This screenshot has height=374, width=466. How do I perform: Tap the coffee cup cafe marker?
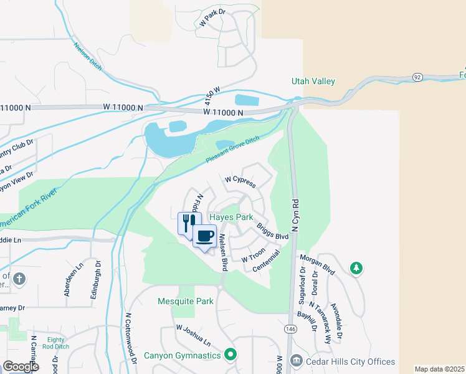point(204,236)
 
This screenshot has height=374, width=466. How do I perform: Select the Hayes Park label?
point(231,218)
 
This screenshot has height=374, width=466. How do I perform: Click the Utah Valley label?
point(313,82)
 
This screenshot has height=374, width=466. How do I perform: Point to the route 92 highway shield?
point(417,77)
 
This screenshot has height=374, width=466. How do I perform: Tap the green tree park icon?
point(356,268)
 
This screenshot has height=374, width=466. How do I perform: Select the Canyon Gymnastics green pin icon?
point(230,355)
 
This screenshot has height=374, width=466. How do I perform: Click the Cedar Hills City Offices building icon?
point(297,362)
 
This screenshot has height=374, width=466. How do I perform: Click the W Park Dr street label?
point(212,19)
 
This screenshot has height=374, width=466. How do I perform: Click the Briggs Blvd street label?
point(273,232)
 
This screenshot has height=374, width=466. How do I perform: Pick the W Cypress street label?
point(240,181)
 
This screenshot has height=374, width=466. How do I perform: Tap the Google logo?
point(21,367)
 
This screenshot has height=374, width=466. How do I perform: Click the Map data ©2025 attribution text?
point(439,369)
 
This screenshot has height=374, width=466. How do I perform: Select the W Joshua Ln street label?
point(194,335)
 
